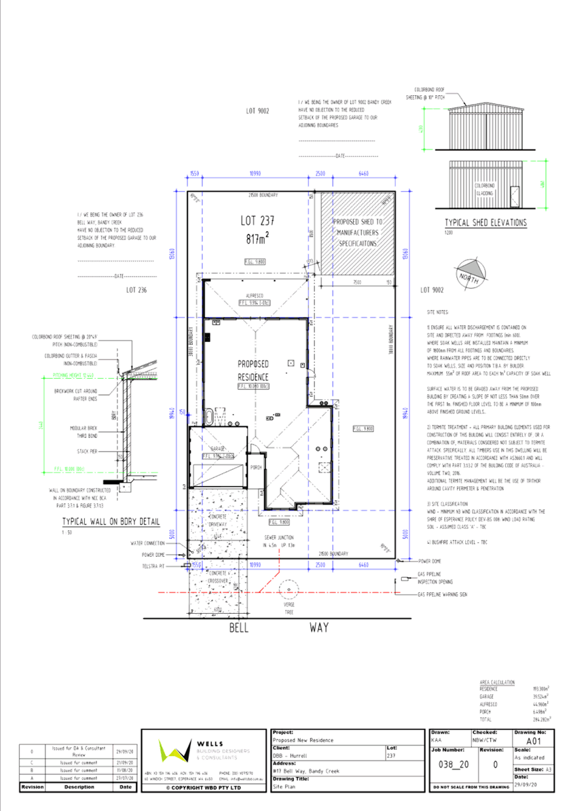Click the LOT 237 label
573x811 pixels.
pos(257,220)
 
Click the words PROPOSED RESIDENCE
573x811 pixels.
pos(253,370)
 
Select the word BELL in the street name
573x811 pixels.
pos(239,628)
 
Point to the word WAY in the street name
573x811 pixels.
pos(318,628)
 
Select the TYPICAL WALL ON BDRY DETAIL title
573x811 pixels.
pos(110,522)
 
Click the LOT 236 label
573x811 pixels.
pos(137,290)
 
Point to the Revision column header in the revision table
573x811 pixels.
pos(33,787)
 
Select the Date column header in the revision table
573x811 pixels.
pos(125,787)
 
